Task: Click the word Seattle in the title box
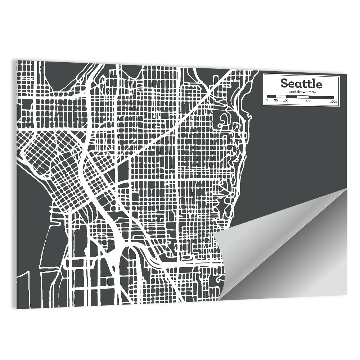[301, 84]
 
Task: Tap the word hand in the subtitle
[291, 92]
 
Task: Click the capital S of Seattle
[284, 84]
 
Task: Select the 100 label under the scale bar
[285, 101]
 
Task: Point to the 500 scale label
[309, 101]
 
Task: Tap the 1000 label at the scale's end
[333, 102]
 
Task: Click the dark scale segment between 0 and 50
[271, 96]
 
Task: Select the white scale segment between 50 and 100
[280, 96]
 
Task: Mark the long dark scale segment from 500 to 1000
[321, 97]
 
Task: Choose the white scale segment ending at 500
[303, 97]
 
